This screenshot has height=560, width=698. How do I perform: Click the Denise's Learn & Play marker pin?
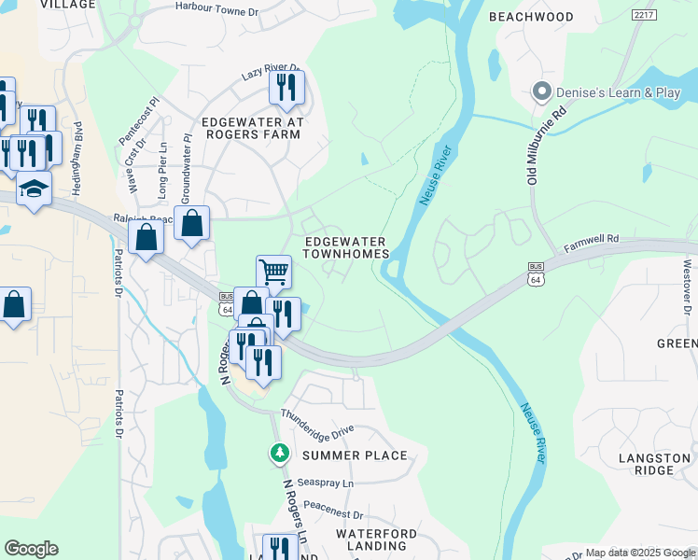(x=540, y=91)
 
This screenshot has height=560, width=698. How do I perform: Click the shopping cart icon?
(x=273, y=272)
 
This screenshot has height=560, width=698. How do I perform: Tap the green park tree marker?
(x=279, y=454)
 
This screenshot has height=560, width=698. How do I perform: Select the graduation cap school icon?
(x=34, y=189)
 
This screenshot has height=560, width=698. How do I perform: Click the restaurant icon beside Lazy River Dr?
(x=286, y=87)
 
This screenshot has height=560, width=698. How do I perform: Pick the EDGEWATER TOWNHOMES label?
(x=345, y=248)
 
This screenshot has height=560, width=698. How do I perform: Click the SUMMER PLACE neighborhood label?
(x=355, y=455)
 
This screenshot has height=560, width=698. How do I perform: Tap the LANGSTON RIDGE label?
(x=659, y=464)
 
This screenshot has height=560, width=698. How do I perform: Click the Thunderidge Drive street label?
(x=317, y=423)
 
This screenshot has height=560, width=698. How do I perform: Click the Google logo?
(x=31, y=549)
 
